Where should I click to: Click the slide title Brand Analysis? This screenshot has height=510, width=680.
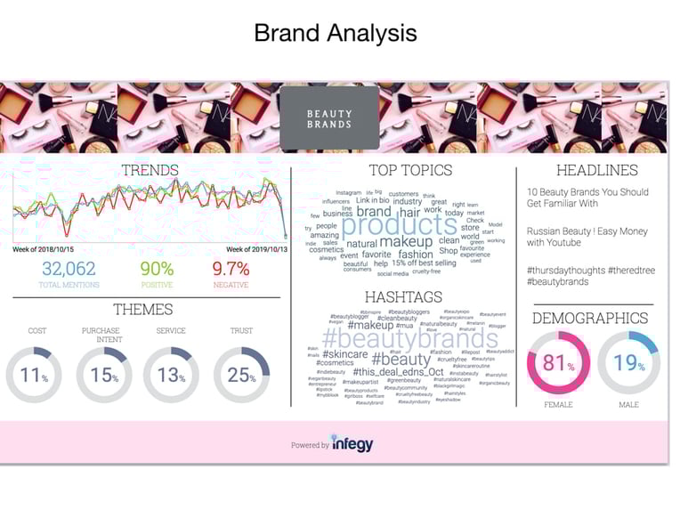pos(335,34)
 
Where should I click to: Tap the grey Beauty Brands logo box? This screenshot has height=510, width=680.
pos(329,118)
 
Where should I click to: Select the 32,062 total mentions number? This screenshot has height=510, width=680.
pos(69,269)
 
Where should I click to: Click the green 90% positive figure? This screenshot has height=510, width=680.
pos(157,269)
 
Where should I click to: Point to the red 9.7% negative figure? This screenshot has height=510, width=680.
pos(231,269)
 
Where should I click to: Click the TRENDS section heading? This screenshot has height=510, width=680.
pos(150,170)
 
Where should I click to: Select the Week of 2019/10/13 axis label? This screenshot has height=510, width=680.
pos(255,249)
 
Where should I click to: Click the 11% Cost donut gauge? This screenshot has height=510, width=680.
pos(34,375)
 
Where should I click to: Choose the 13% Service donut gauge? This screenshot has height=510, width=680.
pos(170,375)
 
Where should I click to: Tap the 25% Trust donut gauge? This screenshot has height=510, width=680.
pos(241,375)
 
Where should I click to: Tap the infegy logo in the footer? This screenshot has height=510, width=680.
pos(352,442)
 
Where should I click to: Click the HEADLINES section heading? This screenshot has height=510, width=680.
pos(596,170)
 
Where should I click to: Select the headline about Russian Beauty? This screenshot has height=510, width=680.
pos(572,236)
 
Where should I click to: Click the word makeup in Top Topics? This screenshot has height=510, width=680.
pos(406,242)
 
